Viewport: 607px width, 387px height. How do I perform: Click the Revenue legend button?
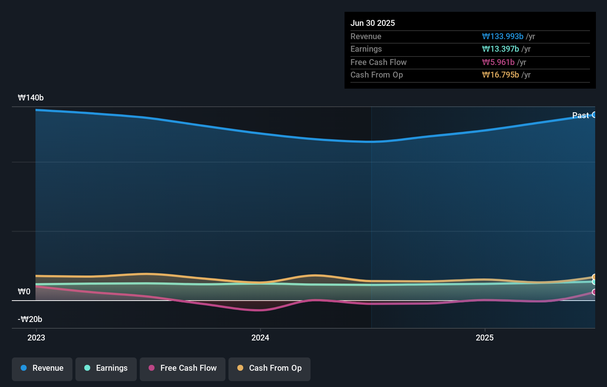coord(42,369)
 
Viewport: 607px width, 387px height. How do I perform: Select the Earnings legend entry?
coord(106,369)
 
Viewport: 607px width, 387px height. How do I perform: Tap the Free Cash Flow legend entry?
coord(183,369)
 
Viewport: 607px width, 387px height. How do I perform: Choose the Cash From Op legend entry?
coord(269,369)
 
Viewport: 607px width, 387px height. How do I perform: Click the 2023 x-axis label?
coord(36,338)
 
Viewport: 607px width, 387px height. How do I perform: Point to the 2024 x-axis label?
coord(260,338)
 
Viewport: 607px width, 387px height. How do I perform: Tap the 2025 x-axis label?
coord(484,338)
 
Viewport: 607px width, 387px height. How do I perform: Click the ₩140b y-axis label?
coord(31,98)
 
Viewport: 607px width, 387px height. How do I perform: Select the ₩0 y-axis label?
coord(24,292)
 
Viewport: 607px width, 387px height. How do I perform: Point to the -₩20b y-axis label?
coord(30,319)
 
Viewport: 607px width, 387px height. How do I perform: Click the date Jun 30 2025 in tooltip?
coord(373,23)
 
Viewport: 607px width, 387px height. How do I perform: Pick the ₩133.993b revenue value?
coord(503,36)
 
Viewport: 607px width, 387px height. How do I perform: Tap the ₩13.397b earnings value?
coord(501,49)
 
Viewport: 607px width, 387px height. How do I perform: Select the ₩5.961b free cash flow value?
coord(498,62)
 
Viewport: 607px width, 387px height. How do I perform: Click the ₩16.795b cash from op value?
coord(501,75)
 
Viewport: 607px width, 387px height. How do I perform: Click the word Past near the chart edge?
coord(580,115)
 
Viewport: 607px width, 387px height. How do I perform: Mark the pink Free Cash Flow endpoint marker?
coord(594,292)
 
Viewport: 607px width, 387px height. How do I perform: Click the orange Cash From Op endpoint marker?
coord(594,277)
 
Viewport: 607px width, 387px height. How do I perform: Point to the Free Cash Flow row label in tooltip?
coord(379,62)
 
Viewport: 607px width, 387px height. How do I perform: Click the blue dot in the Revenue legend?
coord(24,368)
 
